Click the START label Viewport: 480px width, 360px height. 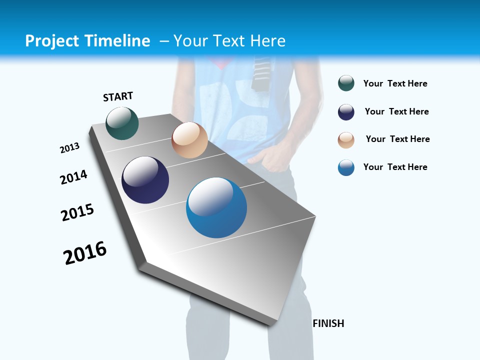pos(118,96)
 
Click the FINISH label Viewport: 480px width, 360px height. pos(328,323)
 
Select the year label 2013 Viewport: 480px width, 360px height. pos(69,148)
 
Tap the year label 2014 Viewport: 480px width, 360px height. pos(73,177)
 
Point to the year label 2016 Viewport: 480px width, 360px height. pos(85,253)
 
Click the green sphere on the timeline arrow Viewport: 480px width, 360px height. pos(122,123)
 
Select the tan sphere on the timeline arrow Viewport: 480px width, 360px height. pos(189,140)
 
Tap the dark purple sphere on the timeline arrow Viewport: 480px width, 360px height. pos(145,180)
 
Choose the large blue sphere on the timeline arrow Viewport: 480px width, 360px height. pos(216,207)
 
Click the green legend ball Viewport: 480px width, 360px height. pos(346,83)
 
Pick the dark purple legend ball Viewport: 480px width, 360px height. pos(346,112)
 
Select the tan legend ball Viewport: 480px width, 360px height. pos(346,140)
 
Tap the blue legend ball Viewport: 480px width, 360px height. pos(346,167)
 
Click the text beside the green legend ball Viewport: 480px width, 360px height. pos(395,84)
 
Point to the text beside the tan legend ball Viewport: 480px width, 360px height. pos(397,139)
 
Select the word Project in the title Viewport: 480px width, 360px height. pos(52,41)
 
